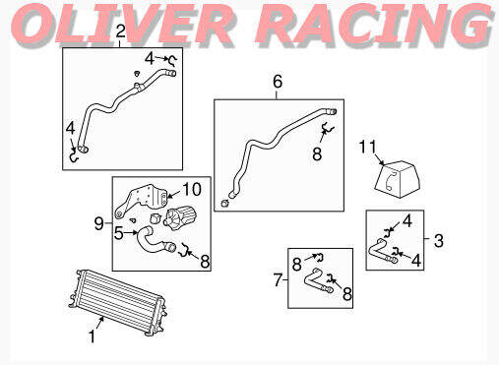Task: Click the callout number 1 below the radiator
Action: (92, 336)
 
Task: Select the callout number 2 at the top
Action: (119, 32)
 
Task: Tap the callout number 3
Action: (438, 238)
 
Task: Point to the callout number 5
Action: (118, 233)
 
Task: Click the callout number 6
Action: (277, 82)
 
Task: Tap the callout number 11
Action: (368, 148)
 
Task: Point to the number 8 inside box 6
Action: (316, 153)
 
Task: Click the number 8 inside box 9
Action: (205, 260)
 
